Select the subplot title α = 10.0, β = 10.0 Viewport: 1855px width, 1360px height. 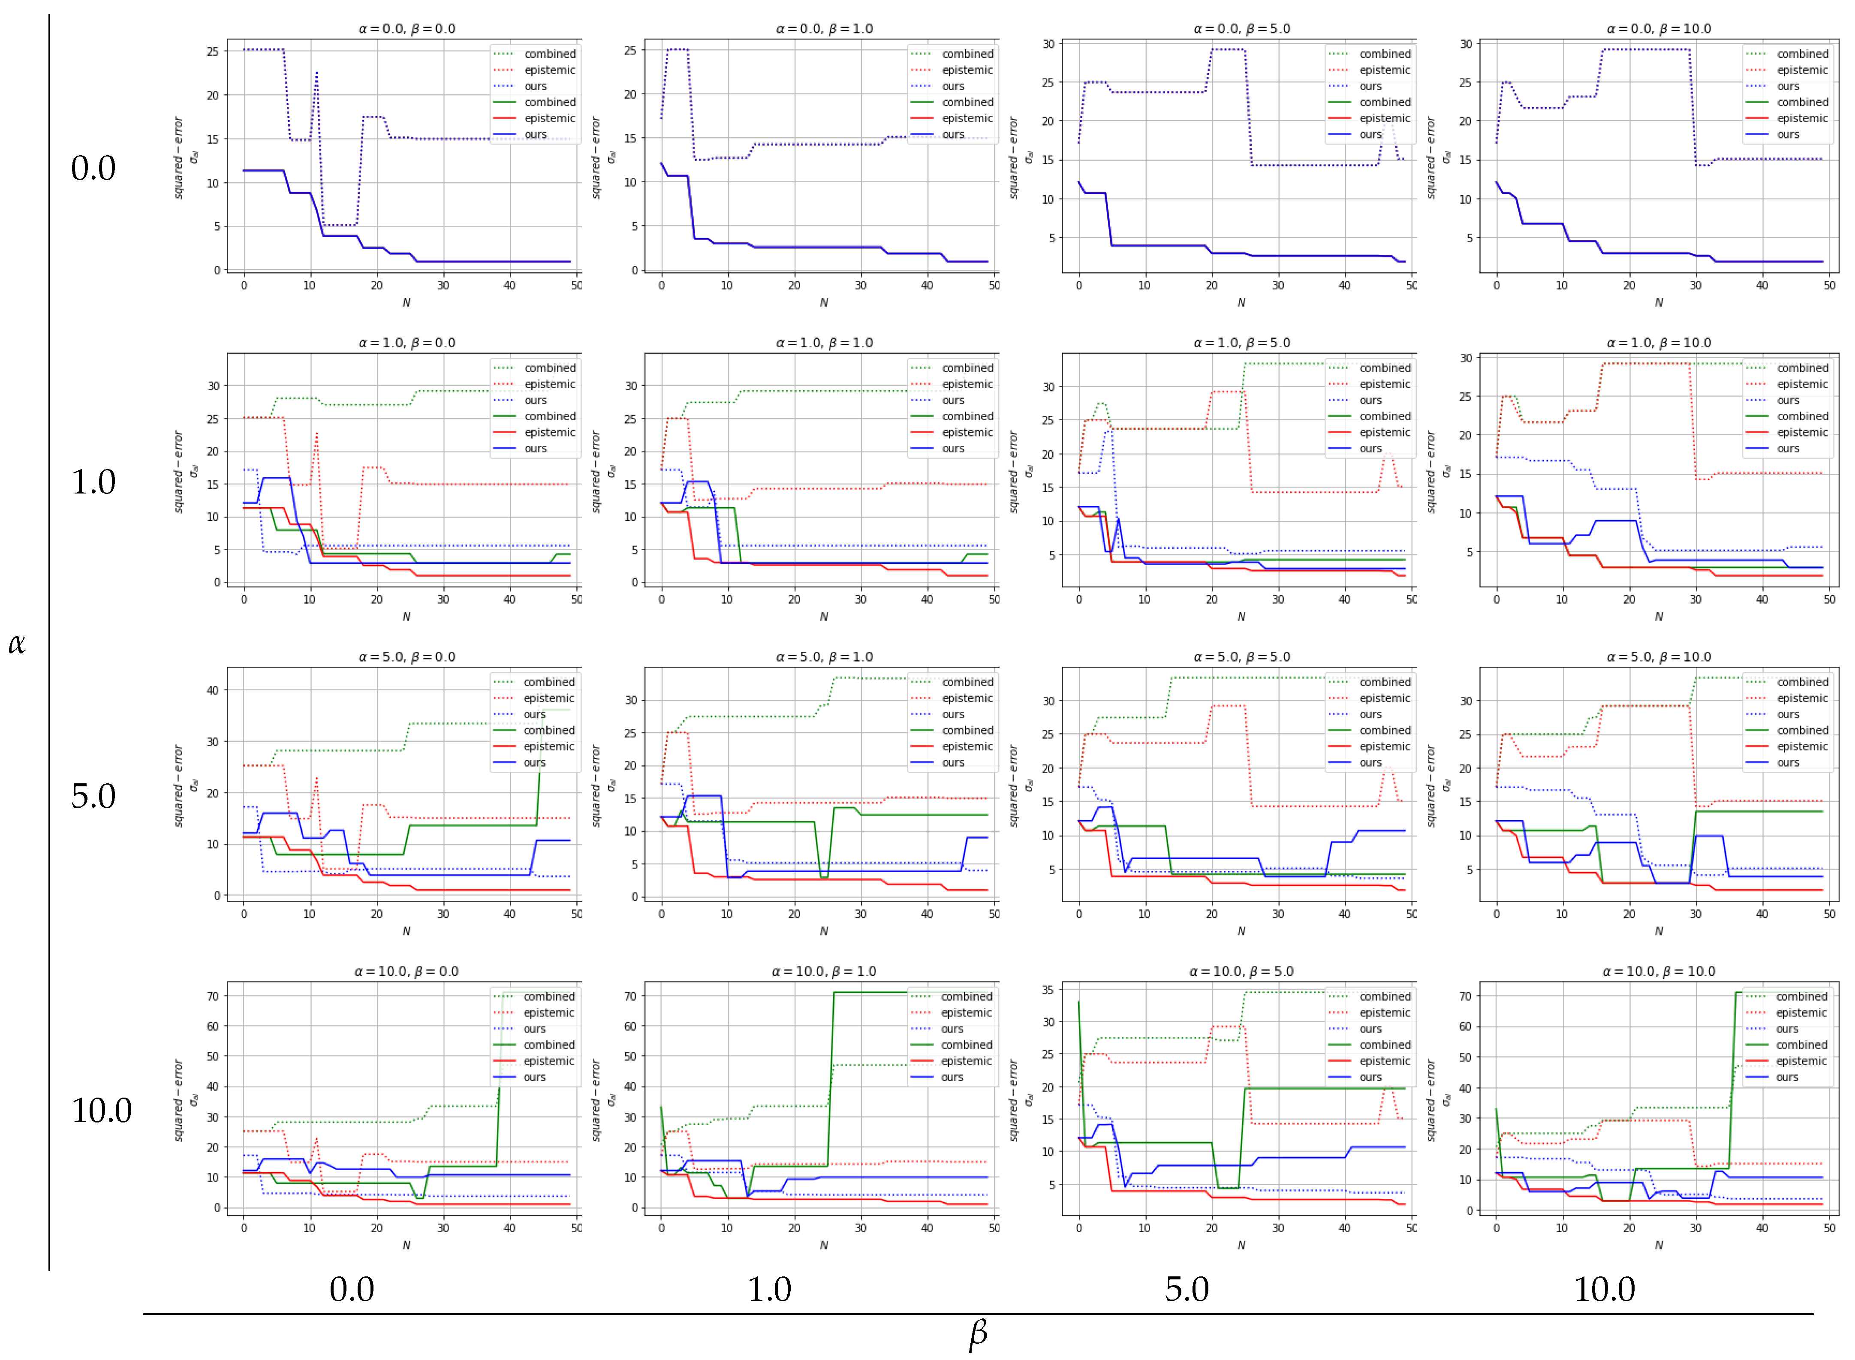[1658, 972]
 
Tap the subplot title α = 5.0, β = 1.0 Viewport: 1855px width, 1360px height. [824, 657]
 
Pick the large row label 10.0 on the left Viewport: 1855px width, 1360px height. [101, 1110]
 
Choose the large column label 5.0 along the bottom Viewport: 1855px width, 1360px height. [1186, 1289]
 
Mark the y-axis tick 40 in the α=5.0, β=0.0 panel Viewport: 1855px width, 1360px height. [212, 691]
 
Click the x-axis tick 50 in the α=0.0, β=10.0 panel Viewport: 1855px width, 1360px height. [1829, 286]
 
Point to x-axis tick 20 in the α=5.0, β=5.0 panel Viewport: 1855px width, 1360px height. [1211, 914]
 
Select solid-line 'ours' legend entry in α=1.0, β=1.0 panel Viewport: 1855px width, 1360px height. [953, 448]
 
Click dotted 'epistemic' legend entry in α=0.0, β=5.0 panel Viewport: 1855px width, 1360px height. [1384, 70]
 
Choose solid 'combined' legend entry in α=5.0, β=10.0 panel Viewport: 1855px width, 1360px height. [1801, 730]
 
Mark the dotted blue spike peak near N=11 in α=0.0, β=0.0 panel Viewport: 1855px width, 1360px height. [316, 72]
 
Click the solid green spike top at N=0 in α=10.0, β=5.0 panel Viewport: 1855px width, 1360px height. [1078, 1002]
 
